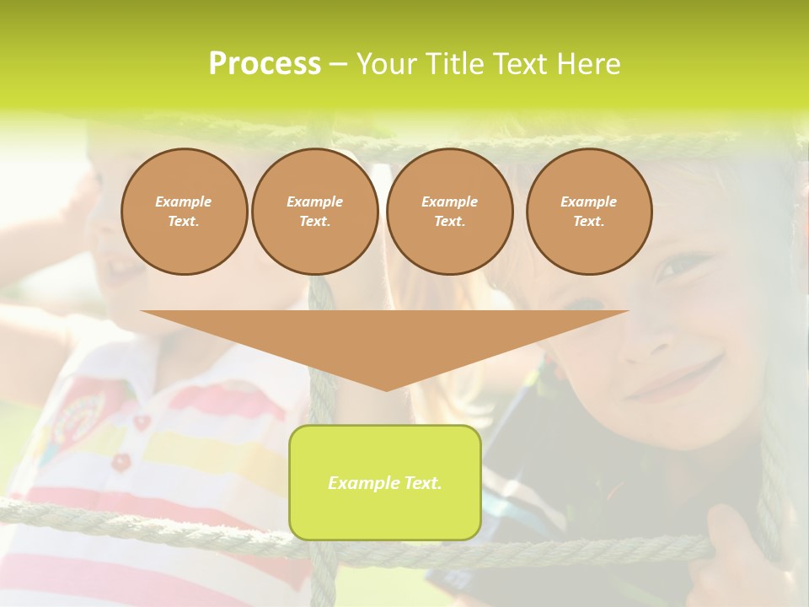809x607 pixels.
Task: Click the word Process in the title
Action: click(265, 64)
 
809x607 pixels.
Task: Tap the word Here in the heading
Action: click(587, 64)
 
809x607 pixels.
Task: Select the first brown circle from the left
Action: click(184, 211)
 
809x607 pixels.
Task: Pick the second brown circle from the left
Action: click(314, 211)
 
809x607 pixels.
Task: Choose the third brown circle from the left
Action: click(449, 211)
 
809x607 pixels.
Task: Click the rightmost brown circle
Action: click(588, 211)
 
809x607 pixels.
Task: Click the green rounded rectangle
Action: click(385, 514)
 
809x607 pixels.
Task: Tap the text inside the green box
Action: click(385, 483)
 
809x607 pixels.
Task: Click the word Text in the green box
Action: click(421, 483)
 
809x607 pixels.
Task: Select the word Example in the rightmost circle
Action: click(588, 201)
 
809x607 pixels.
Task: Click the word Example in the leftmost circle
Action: click(184, 201)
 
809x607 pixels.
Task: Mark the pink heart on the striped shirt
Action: click(141, 421)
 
